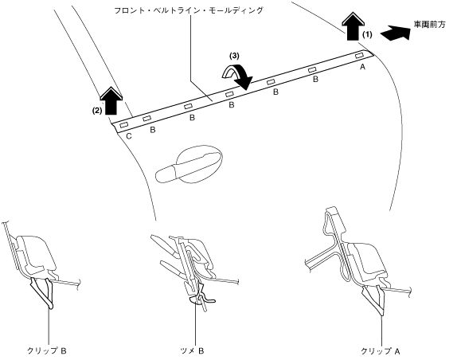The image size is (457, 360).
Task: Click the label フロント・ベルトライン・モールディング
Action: (x=189, y=10)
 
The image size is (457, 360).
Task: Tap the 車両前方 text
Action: (x=430, y=25)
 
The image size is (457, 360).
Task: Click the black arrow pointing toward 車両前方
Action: (x=396, y=33)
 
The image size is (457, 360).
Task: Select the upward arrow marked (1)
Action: (x=353, y=26)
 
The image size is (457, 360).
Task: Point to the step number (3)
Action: (x=234, y=56)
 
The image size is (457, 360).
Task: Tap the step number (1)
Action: (x=367, y=35)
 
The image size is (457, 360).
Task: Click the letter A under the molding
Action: (x=362, y=67)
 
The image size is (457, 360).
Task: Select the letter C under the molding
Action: (x=128, y=136)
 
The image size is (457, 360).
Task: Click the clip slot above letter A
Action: (x=360, y=56)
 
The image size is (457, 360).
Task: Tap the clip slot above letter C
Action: (x=123, y=125)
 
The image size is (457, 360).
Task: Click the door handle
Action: (x=189, y=164)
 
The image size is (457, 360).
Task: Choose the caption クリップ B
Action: (x=47, y=350)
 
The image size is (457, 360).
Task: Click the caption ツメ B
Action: (x=192, y=350)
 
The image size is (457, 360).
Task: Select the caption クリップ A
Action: (x=381, y=351)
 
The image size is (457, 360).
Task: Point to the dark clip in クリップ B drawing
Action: (x=43, y=292)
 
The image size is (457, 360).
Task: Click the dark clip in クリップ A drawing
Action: (x=375, y=301)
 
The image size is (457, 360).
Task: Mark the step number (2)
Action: (x=97, y=111)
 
